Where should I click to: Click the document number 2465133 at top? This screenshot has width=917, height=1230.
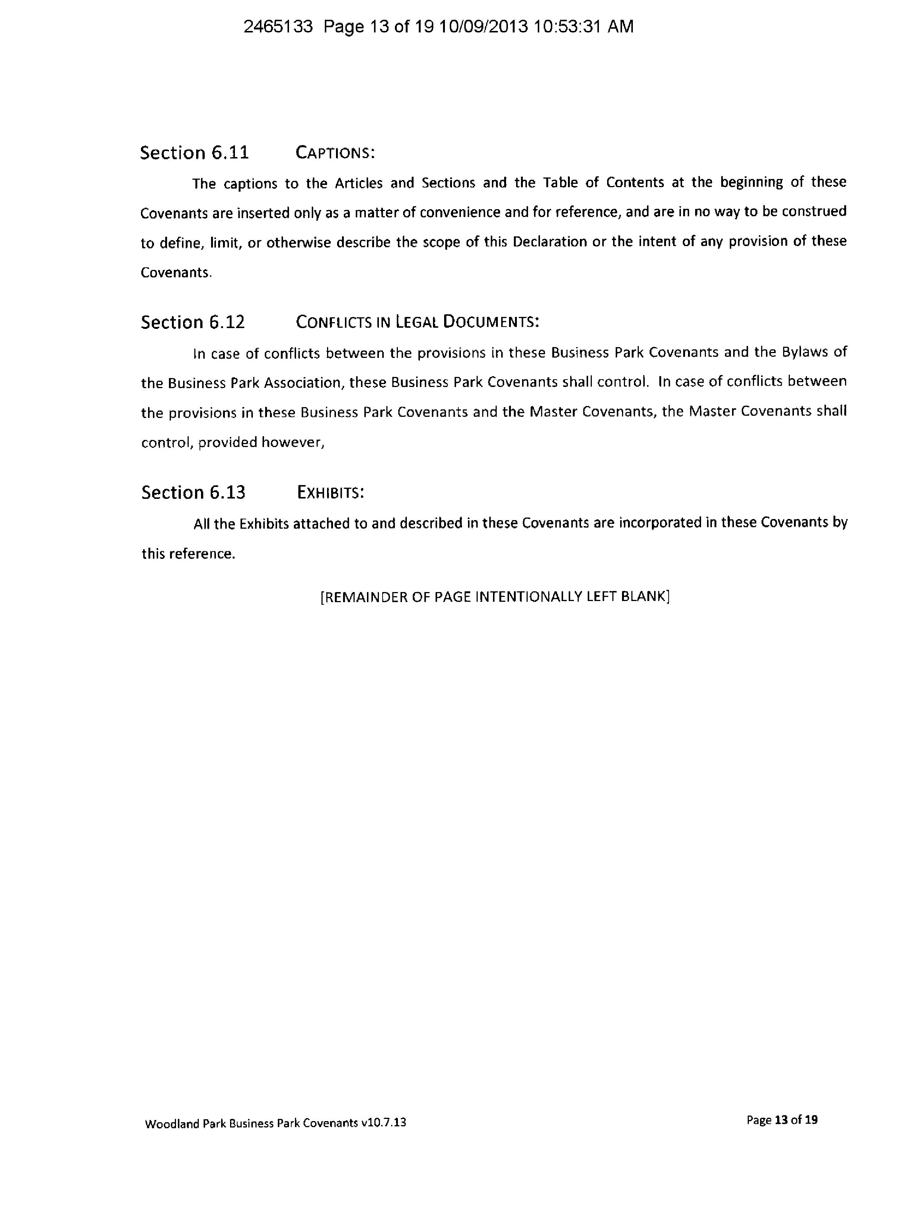pyautogui.click(x=278, y=26)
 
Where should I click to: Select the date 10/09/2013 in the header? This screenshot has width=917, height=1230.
pyautogui.click(x=483, y=26)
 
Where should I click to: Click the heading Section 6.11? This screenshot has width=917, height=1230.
pyautogui.click(x=194, y=152)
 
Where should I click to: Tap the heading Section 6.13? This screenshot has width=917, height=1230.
pyautogui.click(x=193, y=492)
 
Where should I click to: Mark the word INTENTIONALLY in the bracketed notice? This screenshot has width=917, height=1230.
pyautogui.click(x=530, y=597)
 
